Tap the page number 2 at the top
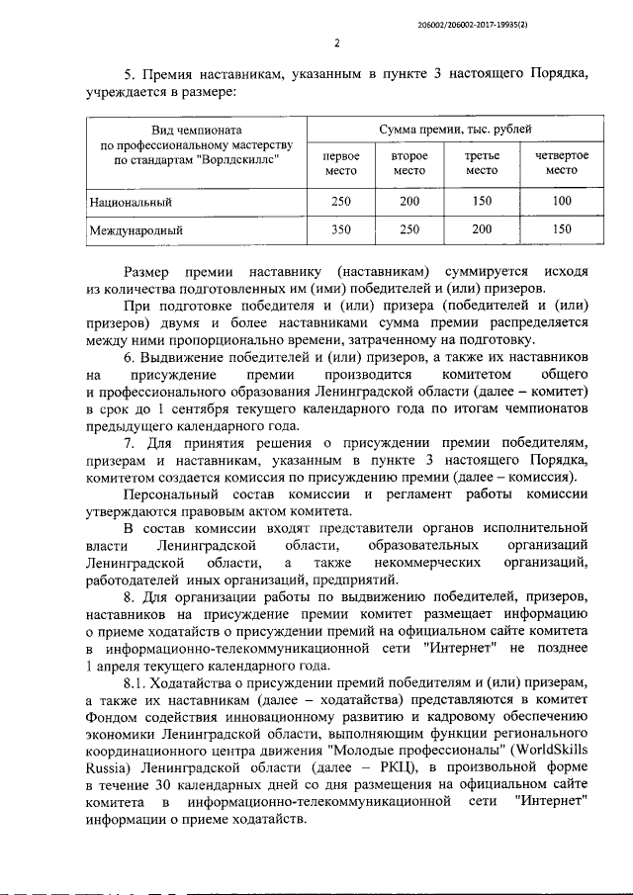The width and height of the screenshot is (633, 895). tap(336, 43)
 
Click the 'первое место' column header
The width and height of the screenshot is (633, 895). tap(340, 163)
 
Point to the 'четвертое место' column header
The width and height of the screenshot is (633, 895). tap(562, 163)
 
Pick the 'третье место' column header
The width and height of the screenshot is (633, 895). tap(482, 163)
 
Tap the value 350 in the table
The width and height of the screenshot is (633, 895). tap(340, 229)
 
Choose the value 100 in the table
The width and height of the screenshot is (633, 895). tap(562, 201)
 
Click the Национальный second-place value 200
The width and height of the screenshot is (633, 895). tap(408, 201)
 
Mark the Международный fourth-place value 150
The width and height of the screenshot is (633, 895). tap(562, 229)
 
